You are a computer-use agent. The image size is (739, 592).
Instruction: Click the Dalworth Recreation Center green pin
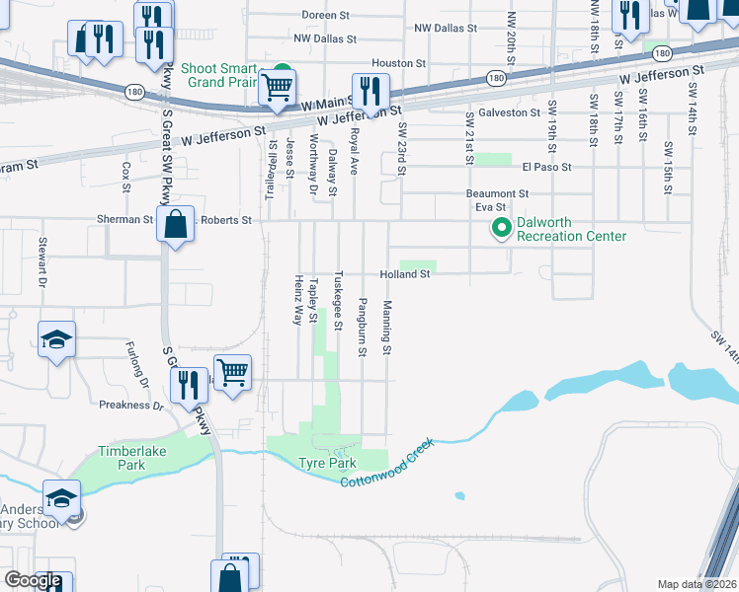click(x=501, y=229)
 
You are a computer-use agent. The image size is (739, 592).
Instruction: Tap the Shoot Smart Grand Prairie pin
click(x=283, y=74)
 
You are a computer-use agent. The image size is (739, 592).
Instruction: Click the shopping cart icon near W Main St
click(x=278, y=88)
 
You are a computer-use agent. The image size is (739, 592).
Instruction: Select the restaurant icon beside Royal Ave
click(x=370, y=92)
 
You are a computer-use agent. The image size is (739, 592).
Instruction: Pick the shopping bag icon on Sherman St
click(x=175, y=224)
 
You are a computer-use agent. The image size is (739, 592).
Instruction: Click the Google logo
click(x=33, y=581)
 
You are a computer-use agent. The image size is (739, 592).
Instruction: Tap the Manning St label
click(x=388, y=328)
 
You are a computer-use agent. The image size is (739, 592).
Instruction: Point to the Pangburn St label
click(x=363, y=313)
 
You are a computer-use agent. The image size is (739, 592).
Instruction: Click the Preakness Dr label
click(x=131, y=405)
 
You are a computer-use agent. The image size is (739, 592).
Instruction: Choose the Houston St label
click(x=399, y=62)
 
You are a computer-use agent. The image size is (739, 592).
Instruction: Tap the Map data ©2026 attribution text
click(x=697, y=584)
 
